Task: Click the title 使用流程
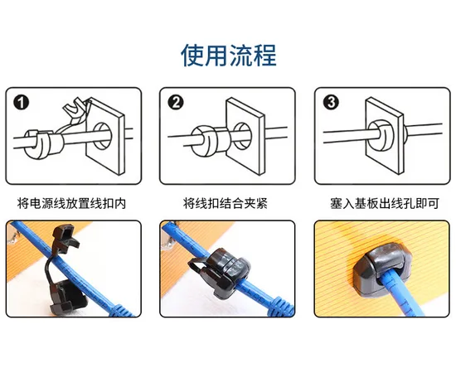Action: pyautogui.click(x=228, y=56)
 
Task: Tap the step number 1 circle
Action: pyautogui.click(x=22, y=103)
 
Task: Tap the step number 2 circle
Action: pyautogui.click(x=176, y=102)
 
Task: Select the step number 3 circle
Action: pyautogui.click(x=331, y=102)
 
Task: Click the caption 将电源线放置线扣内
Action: pyautogui.click(x=72, y=203)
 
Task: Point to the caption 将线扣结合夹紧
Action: pyautogui.click(x=226, y=203)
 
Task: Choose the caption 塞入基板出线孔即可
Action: pyautogui.click(x=385, y=203)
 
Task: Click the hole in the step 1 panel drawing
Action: pyautogui.click(x=102, y=136)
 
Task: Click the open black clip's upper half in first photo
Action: pyautogui.click(x=65, y=235)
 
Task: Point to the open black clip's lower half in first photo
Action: pyautogui.click(x=67, y=298)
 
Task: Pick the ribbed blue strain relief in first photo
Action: pyautogui.click(x=121, y=311)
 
